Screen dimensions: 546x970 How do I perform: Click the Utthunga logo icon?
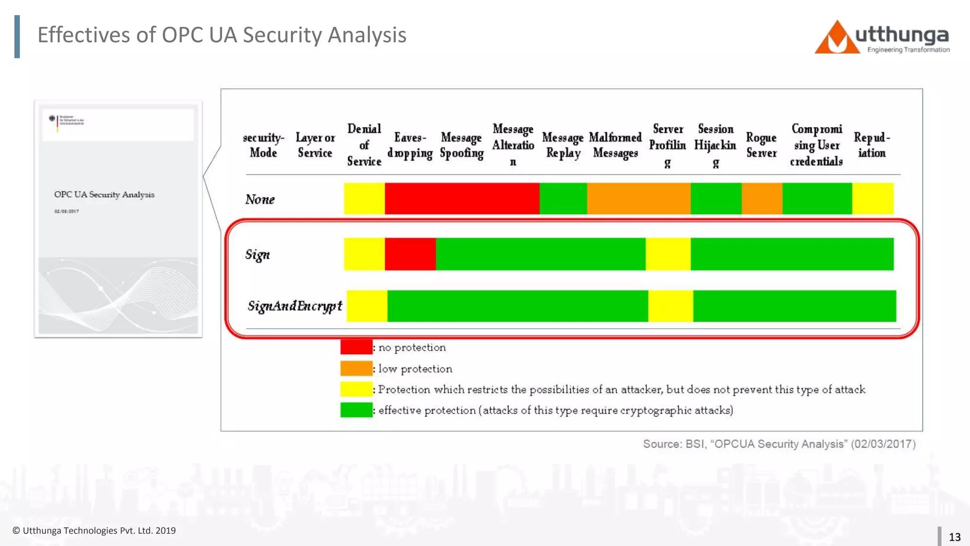click(x=836, y=38)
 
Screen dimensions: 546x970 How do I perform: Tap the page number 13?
click(x=954, y=537)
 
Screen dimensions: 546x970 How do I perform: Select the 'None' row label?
click(x=260, y=200)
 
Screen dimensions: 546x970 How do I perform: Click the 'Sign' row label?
click(x=257, y=255)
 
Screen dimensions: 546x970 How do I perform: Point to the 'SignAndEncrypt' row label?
click(x=294, y=306)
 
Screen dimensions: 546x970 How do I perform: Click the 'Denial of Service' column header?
click(x=364, y=145)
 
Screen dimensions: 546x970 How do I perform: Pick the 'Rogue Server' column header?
click(x=761, y=145)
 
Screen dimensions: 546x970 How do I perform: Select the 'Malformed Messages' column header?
click(x=615, y=145)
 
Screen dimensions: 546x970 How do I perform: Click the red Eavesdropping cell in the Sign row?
click(x=410, y=255)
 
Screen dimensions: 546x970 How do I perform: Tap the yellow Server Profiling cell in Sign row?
click(x=668, y=255)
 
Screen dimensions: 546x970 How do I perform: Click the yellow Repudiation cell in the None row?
click(x=873, y=199)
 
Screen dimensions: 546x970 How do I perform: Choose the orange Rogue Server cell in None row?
click(x=762, y=199)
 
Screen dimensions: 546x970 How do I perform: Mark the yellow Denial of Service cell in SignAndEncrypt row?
click(x=367, y=306)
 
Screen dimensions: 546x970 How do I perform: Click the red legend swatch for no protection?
click(x=356, y=347)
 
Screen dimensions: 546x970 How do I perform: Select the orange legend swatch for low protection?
click(x=356, y=368)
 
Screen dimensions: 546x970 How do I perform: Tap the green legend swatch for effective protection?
click(x=356, y=410)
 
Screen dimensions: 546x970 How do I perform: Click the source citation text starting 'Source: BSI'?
click(x=779, y=444)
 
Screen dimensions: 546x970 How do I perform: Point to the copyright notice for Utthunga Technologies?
click(x=94, y=531)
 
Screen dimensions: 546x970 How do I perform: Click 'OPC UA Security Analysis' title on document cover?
click(x=104, y=195)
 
